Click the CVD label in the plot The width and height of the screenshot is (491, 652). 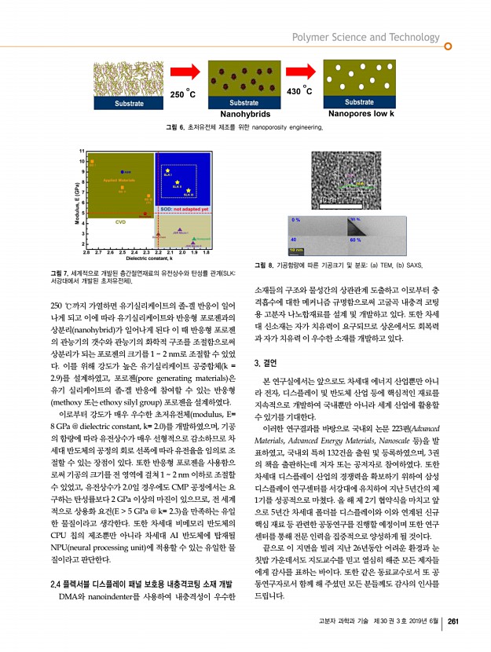pyautogui.click(x=120, y=222)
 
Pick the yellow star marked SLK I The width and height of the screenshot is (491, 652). pyautogui.click(x=167, y=169)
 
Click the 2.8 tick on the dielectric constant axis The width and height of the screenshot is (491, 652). pyautogui.click(x=88, y=253)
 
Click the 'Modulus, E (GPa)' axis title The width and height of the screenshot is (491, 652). pyautogui.click(x=74, y=201)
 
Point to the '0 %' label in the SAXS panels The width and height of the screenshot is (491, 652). pyautogui.click(x=296, y=219)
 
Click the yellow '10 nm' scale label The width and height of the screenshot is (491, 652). pyautogui.click(x=297, y=250)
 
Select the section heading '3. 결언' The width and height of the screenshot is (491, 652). pyautogui.click(x=270, y=362)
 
